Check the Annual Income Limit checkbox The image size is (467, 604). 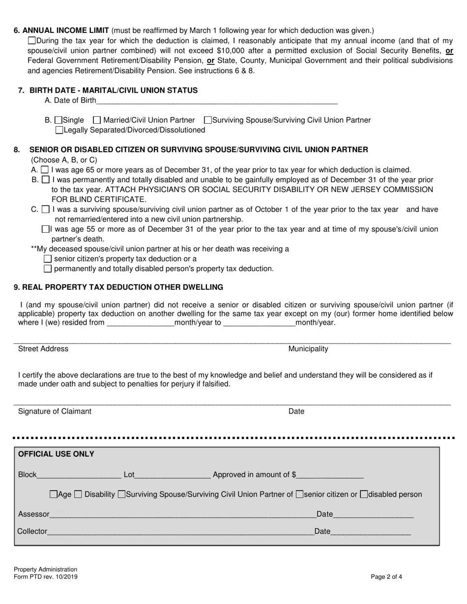tap(32, 41)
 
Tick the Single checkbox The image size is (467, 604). tap(58, 120)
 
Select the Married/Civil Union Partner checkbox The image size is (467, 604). tap(97, 120)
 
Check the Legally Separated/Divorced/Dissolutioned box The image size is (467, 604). tap(59, 130)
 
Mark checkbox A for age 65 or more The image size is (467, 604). tap(45, 170)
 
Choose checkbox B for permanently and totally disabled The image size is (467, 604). tap(45, 180)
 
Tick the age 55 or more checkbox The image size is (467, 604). tap(46, 229)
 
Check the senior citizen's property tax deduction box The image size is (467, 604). tap(48, 259)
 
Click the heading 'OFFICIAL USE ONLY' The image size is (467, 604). tap(56, 454)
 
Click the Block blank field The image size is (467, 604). tap(79, 475)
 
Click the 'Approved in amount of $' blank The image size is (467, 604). tap(330, 475)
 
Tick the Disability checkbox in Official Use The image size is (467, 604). tap(78, 494)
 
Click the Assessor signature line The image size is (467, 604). tap(182, 515)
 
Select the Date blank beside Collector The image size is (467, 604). tap(371, 531)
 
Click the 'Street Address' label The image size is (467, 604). tap(43, 349)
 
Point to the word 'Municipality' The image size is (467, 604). tap(308, 349)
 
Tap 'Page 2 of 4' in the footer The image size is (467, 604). tap(386, 577)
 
